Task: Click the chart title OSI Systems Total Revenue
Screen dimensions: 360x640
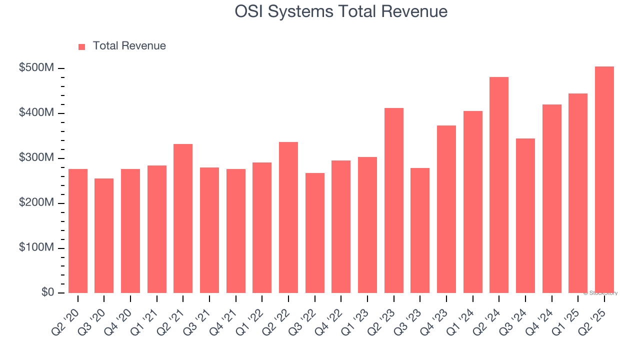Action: coord(341,11)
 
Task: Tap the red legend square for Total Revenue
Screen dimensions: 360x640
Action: coord(82,46)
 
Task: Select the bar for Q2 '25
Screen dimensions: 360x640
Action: coord(604,180)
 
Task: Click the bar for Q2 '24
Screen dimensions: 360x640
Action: coord(499,185)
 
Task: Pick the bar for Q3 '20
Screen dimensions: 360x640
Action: coord(104,235)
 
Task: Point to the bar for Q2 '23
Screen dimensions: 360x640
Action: coord(393,200)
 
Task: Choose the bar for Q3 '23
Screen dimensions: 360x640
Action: coord(420,230)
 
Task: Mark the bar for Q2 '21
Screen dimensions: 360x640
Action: coord(183,218)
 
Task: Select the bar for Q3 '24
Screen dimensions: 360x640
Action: coord(525,215)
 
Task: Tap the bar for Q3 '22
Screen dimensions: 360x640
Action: coord(315,233)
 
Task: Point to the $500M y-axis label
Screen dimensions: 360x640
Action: coord(36,68)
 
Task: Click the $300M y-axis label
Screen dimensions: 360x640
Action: coord(36,158)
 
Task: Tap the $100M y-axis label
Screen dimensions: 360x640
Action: coord(36,248)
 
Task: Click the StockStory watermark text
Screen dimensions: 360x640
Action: coord(600,293)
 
